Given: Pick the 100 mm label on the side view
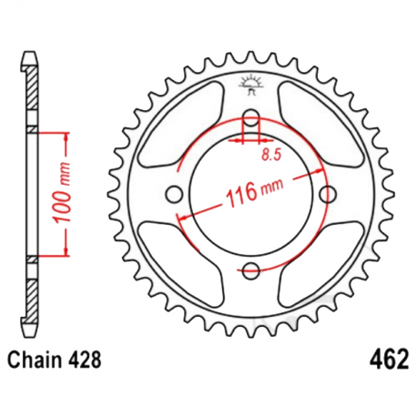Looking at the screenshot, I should (x=52, y=193).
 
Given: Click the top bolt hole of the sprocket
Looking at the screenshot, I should (x=253, y=117).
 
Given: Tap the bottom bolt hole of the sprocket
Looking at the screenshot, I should (x=253, y=269).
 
